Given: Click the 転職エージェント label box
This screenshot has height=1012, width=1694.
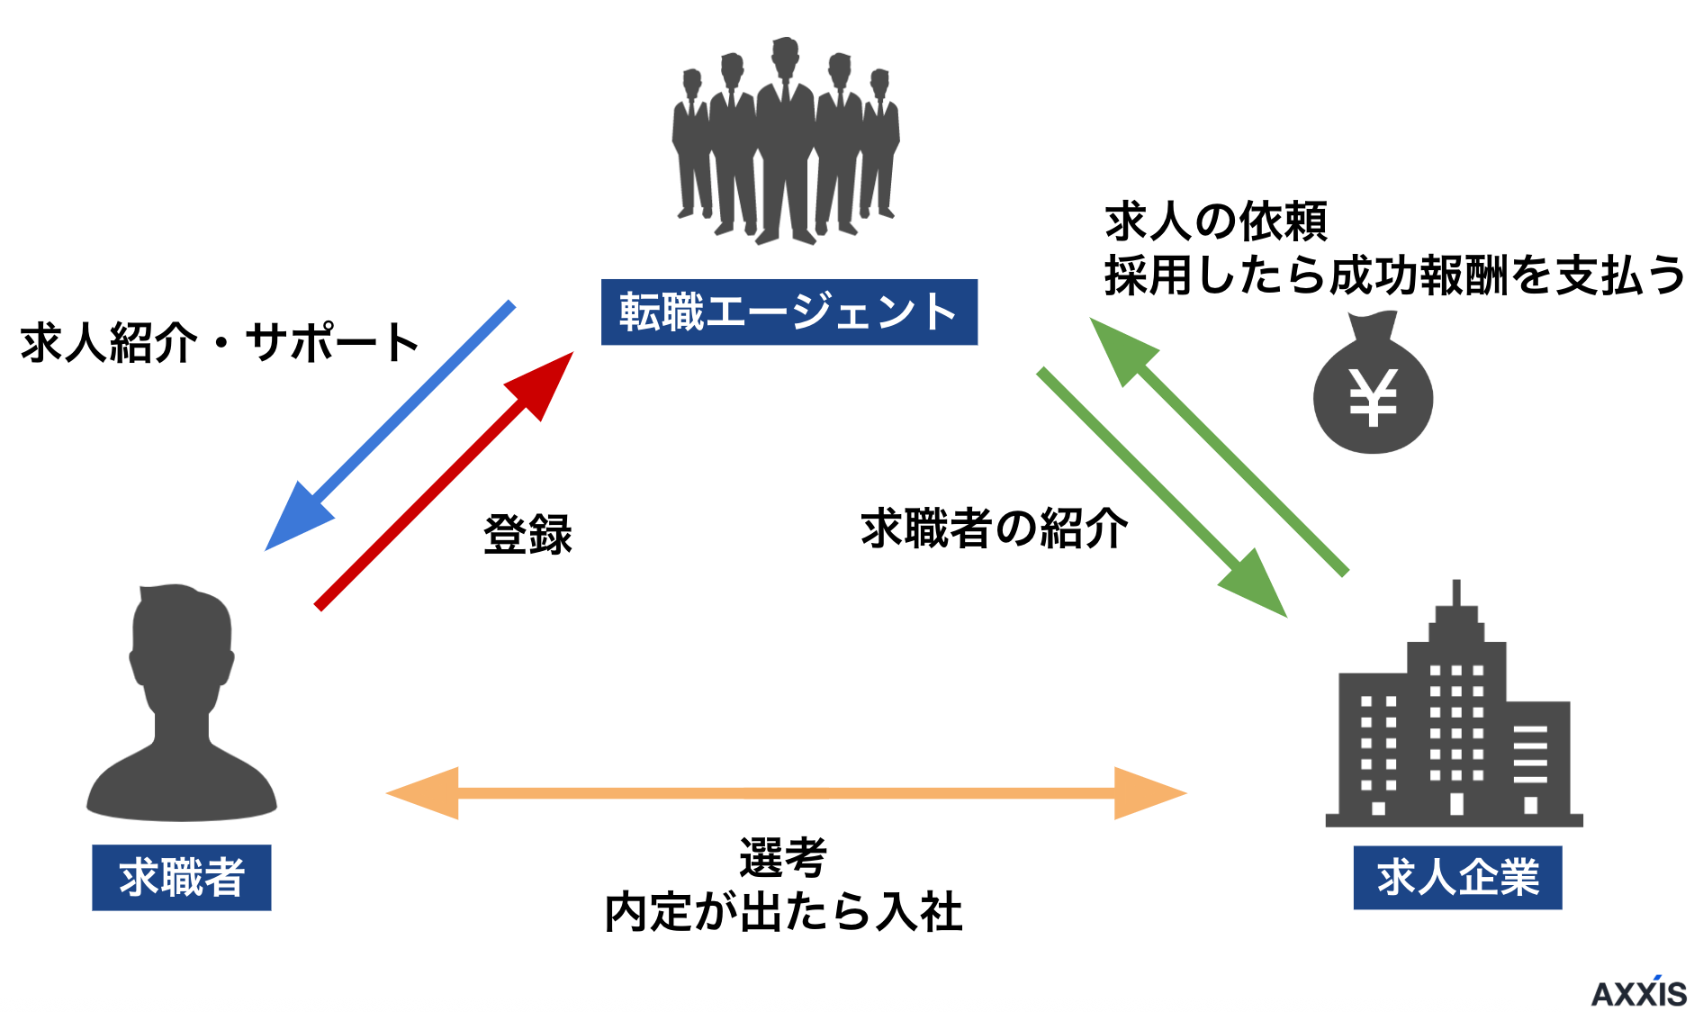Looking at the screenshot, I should click(788, 312).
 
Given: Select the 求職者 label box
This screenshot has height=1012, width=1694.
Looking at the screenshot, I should click(181, 877).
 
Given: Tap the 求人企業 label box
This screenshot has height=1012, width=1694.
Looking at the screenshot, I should click(1456, 877).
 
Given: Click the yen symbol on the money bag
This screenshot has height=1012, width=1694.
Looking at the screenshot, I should click(1372, 397).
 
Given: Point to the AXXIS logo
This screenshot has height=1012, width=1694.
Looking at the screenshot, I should click(1638, 992).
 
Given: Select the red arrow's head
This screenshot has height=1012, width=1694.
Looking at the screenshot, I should click(543, 382).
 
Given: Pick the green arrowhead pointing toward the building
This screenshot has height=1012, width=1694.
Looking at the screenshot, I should click(1257, 586).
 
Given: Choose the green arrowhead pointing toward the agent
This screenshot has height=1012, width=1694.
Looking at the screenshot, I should click(1121, 348).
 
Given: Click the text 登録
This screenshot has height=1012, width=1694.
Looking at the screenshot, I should click(527, 535).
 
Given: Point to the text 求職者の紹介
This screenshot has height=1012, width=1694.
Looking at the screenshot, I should click(994, 529).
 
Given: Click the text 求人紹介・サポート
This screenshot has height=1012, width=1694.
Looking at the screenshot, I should click(220, 343).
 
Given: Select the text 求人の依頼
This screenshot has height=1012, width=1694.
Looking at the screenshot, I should click(1215, 221).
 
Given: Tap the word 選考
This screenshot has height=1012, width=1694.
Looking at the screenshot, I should click(782, 857).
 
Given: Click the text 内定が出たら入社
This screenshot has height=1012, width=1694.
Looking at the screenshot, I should click(783, 912).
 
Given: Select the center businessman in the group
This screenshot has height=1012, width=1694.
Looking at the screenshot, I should click(786, 135).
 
